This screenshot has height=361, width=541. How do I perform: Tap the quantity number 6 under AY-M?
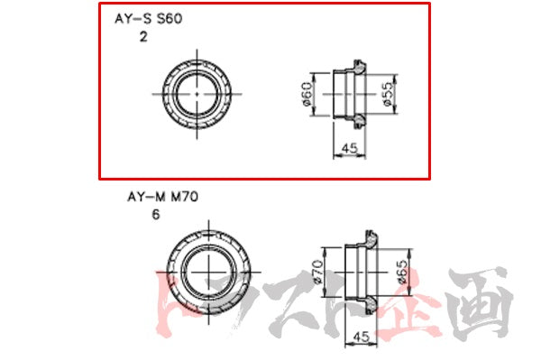(157, 214)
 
